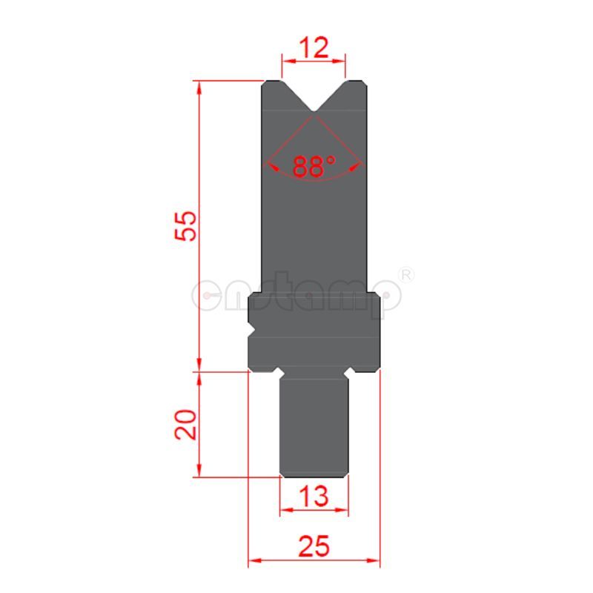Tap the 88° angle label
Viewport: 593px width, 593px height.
pyautogui.click(x=314, y=166)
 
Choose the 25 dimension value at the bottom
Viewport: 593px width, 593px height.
pyautogui.click(x=314, y=547)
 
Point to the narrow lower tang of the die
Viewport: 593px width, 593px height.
pyautogui.click(x=314, y=426)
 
